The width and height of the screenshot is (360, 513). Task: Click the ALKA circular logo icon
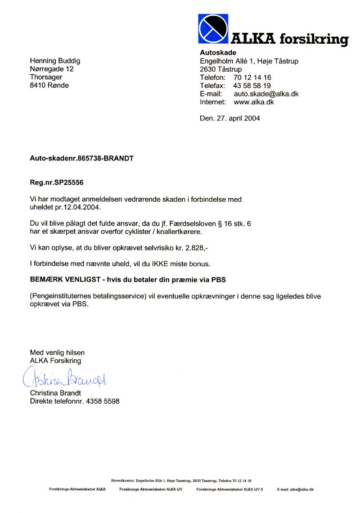pyautogui.click(x=213, y=29)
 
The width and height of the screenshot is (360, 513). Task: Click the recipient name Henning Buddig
pyautogui.click(x=55, y=61)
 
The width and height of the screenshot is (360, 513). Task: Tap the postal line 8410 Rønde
pyautogui.click(x=49, y=85)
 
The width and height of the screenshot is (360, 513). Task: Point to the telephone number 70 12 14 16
pyautogui.click(x=252, y=77)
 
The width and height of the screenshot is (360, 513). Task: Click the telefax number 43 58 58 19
pyautogui.click(x=252, y=86)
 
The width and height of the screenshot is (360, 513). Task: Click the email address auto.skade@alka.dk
pyautogui.click(x=266, y=94)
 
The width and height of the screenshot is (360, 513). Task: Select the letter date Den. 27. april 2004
pyautogui.click(x=229, y=118)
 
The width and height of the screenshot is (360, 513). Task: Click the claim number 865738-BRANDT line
pyautogui.click(x=81, y=159)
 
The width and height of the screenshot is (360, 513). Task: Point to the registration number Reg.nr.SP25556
pyautogui.click(x=57, y=183)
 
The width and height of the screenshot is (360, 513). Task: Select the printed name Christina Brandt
pyautogui.click(x=55, y=393)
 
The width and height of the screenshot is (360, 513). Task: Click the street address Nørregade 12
pyautogui.click(x=51, y=69)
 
